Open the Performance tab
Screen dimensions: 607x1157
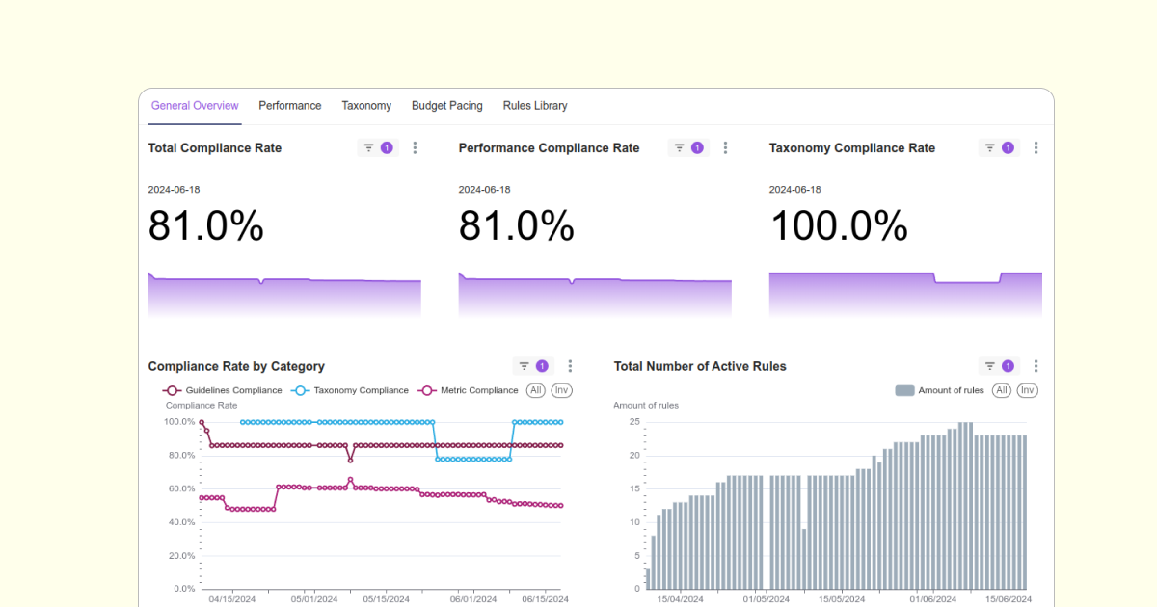(289, 106)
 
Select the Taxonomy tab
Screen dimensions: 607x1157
(366, 106)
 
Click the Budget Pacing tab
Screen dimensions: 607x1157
(446, 106)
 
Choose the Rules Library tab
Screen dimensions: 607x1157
(535, 106)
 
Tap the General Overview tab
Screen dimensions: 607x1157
(195, 106)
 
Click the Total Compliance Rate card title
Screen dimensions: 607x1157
(215, 148)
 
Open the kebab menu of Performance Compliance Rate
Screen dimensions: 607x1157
(726, 148)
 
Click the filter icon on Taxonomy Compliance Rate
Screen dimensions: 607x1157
(989, 148)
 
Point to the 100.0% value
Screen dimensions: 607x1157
(839, 226)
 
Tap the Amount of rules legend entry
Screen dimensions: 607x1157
(940, 390)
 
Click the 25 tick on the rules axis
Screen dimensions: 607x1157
(634, 422)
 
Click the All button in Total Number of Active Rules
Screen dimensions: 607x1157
(1002, 390)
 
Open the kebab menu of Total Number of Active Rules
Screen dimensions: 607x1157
(1036, 366)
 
